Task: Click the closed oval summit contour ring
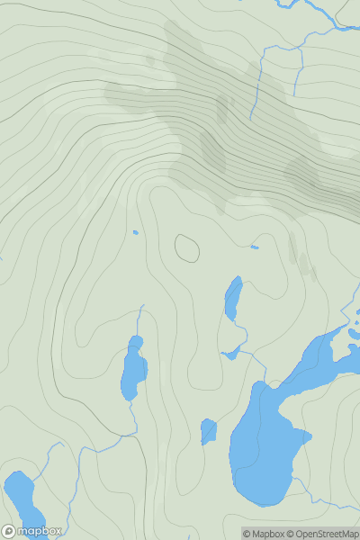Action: pyautogui.click(x=187, y=247)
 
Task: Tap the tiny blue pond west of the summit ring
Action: pyautogui.click(x=135, y=232)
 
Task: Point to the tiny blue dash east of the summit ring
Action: pyautogui.click(x=255, y=247)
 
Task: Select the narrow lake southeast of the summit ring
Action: pyautogui.click(x=233, y=298)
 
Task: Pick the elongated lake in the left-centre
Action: pyautogui.click(x=132, y=369)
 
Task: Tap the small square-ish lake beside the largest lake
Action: pyautogui.click(x=208, y=432)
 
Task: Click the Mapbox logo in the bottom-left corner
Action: pyautogui.click(x=32, y=531)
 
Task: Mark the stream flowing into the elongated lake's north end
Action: pyautogui.click(x=140, y=319)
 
